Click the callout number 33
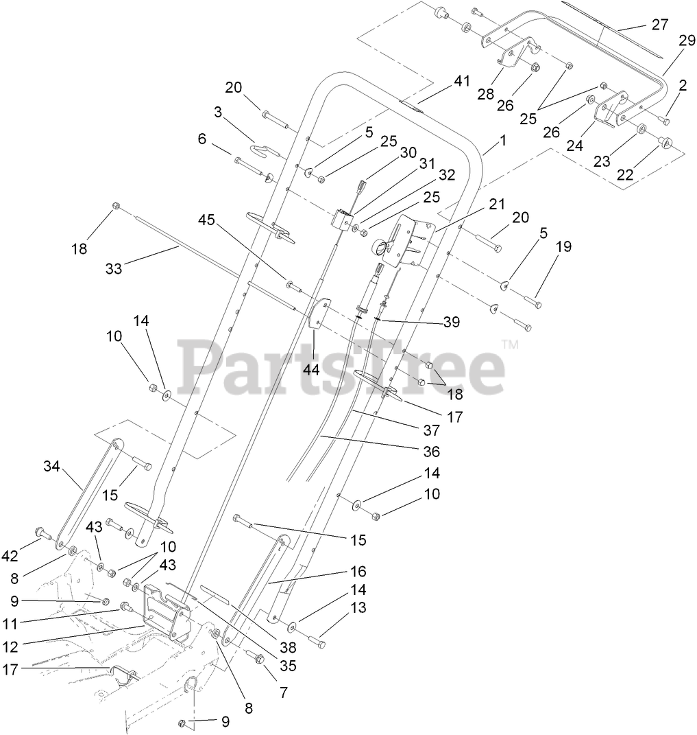(114, 269)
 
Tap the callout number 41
(461, 80)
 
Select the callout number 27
(659, 25)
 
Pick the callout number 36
(431, 452)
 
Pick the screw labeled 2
(663, 121)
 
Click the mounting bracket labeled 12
(166, 613)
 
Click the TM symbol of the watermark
(510, 345)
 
